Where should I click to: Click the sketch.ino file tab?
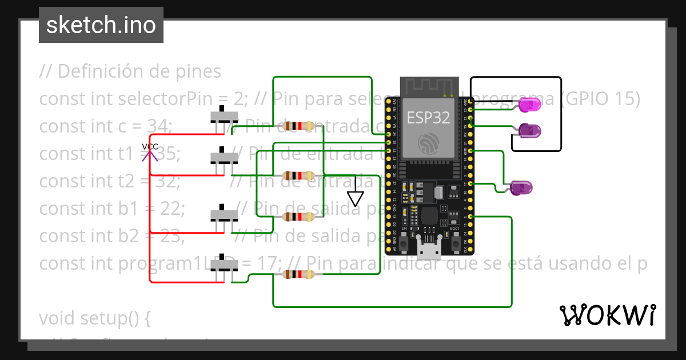click(x=101, y=25)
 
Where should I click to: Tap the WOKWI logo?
click(x=607, y=315)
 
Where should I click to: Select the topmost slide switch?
click(x=224, y=116)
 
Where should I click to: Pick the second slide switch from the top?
click(x=224, y=157)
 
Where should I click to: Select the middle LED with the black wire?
click(x=529, y=131)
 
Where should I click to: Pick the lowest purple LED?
click(x=521, y=187)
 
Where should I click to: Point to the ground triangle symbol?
click(x=356, y=198)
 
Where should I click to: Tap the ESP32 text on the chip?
click(x=428, y=118)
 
